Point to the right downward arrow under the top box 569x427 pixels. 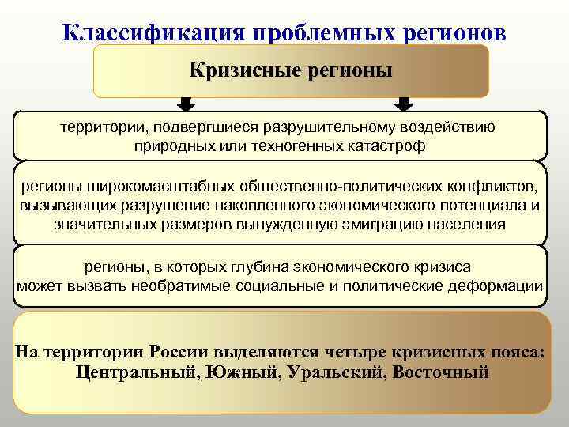coord(403,104)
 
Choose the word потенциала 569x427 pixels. coord(488,206)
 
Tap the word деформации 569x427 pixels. coord(502,285)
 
